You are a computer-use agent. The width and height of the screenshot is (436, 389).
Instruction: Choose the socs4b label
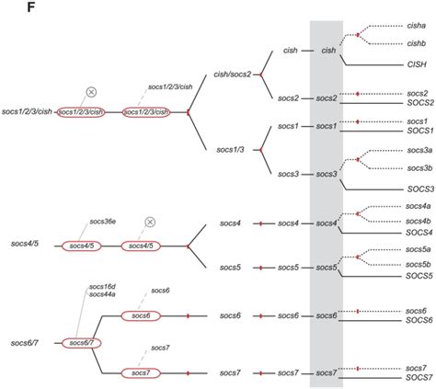pyautogui.click(x=419, y=222)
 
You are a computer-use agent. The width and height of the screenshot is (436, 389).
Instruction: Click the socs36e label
pyautogui.click(x=106, y=222)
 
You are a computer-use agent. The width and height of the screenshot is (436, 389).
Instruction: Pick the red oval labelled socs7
pyautogui.click(x=140, y=372)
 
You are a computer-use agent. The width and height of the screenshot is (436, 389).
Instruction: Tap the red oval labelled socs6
pyautogui.click(x=140, y=315)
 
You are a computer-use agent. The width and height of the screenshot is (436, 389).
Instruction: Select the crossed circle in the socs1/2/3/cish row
pyautogui.click(x=91, y=91)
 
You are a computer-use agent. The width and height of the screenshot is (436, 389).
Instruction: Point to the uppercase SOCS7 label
pyautogui.click(x=419, y=377)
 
